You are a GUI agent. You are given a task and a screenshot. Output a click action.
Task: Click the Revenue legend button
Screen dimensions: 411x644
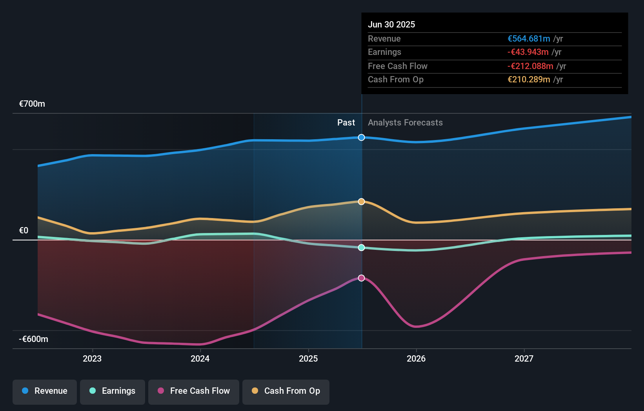[x=45, y=391]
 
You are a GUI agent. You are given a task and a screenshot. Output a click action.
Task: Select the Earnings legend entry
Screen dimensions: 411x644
[x=113, y=391]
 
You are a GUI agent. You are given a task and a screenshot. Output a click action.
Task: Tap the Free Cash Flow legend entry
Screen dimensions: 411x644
[x=194, y=391]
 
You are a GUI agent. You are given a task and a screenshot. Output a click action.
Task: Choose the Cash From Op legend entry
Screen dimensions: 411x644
[x=286, y=391]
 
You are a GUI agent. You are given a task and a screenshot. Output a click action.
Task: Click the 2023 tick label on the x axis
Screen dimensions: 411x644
[x=92, y=359]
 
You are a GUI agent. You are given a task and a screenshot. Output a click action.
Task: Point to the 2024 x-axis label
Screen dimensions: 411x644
[x=200, y=359]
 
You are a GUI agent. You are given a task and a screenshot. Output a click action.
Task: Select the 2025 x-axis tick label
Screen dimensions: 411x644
[x=308, y=359]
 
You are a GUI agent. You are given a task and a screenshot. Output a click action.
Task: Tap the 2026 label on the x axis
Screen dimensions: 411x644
[x=416, y=359]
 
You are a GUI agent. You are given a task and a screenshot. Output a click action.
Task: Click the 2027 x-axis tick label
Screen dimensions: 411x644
[x=524, y=359]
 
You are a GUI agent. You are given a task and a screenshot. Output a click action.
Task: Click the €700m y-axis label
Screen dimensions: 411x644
[x=32, y=104]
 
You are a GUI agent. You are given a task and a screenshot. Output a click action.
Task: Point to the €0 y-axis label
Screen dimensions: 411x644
[x=24, y=231]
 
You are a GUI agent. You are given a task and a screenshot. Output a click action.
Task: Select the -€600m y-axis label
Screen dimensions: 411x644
[x=34, y=339]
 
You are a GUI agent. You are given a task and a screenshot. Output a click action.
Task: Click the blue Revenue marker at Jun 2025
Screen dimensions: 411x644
[x=362, y=137]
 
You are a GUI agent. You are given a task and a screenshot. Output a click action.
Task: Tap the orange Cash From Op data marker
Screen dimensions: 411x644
[x=362, y=202]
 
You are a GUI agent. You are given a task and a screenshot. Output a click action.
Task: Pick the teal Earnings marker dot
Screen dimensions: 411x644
[x=362, y=247]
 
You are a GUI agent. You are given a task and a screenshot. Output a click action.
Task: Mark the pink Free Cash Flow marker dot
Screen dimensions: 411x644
[x=362, y=278]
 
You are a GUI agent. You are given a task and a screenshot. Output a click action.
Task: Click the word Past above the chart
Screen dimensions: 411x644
[x=346, y=123]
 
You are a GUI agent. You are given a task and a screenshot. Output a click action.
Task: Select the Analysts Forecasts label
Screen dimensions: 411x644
[x=405, y=123]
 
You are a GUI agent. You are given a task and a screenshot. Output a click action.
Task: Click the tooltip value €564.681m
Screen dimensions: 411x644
[x=529, y=39]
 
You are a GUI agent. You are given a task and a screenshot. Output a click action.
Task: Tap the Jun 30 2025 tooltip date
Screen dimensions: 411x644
[x=391, y=25]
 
